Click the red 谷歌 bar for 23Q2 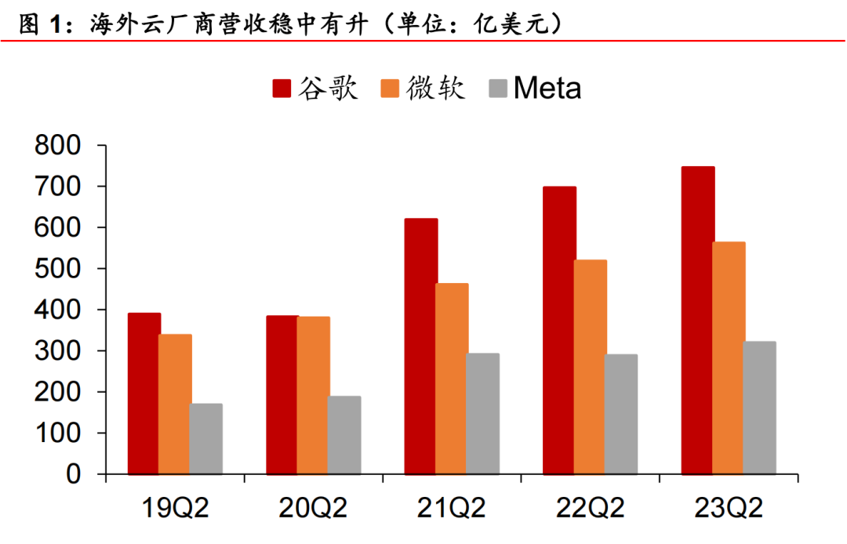[697, 321]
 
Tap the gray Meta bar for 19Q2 [205, 439]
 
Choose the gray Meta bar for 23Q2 [759, 408]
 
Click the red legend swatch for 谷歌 [282, 88]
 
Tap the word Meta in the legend [547, 88]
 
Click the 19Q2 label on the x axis [176, 509]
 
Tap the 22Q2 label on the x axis [591, 509]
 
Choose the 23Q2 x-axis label [729, 509]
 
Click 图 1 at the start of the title [39, 24]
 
